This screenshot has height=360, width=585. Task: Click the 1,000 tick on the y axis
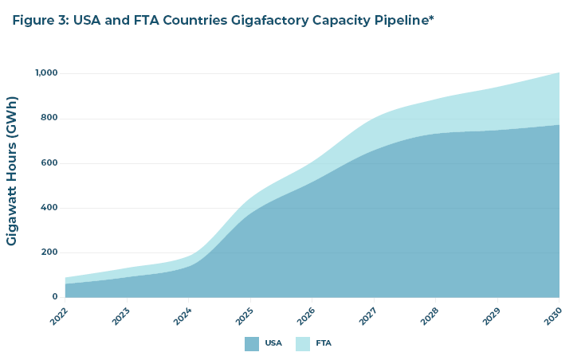click(46, 73)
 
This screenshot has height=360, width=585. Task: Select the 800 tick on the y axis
click(50, 118)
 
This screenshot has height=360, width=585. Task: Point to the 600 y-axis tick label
click(50, 163)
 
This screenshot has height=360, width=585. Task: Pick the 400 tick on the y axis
click(50, 208)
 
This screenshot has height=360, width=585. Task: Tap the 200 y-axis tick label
click(50, 252)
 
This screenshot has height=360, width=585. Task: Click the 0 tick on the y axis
click(55, 297)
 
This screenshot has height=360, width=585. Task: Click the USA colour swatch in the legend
click(252, 344)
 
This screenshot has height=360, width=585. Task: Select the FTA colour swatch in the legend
click(303, 344)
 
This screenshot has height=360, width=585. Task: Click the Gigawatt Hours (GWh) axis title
click(12, 170)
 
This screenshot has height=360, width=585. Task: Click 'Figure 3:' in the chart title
click(40, 20)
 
